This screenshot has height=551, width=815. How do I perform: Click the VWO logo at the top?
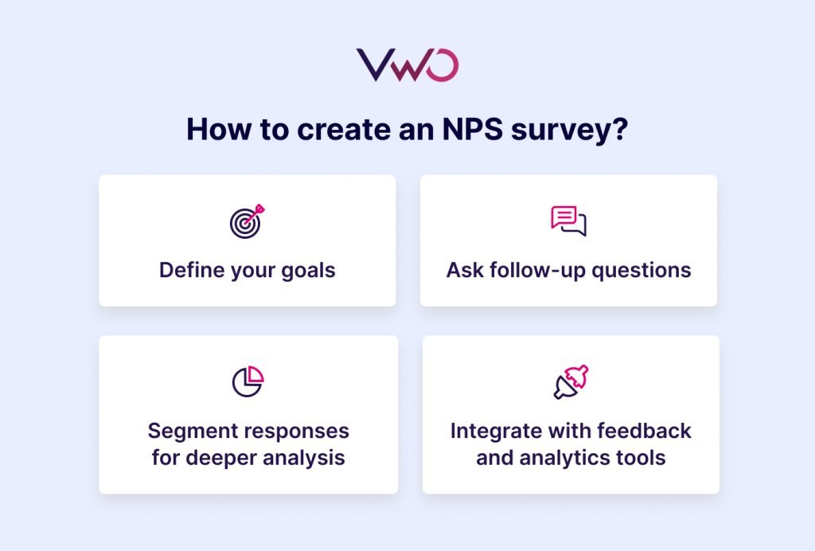(407, 65)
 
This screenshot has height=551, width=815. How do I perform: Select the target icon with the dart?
(247, 221)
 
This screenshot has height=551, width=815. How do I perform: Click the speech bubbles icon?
(568, 221)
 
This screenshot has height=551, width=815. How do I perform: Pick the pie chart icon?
(248, 381)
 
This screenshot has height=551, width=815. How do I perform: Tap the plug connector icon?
(571, 381)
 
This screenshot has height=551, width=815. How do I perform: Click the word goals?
(306, 271)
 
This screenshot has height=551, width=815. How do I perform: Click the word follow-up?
(539, 270)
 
